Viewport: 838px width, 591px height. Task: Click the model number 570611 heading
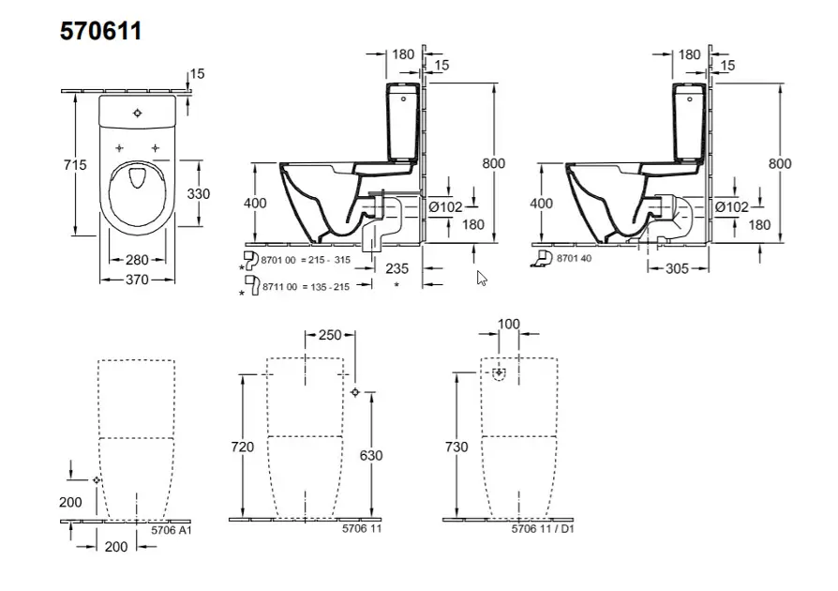(101, 31)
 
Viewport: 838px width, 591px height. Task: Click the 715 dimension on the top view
(75, 165)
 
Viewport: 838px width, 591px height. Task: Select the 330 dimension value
(198, 193)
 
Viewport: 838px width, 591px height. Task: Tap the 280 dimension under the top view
(138, 259)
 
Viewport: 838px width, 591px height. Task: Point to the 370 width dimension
(138, 280)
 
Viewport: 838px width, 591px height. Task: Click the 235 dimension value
(397, 267)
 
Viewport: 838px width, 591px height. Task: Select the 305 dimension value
(678, 268)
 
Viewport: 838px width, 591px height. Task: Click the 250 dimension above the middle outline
(330, 335)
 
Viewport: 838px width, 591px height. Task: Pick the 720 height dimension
(243, 447)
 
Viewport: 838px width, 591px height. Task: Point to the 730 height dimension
(456, 447)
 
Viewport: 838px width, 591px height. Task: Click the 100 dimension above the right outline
(509, 324)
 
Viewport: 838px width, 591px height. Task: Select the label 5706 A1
(172, 530)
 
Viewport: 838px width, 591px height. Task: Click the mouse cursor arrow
(482, 278)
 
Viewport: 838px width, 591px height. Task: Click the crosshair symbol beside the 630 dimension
(354, 392)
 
